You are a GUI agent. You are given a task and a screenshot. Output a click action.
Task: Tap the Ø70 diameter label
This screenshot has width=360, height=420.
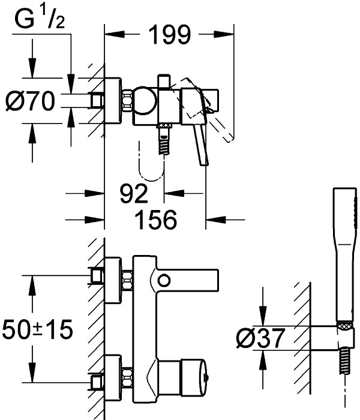click(30, 100)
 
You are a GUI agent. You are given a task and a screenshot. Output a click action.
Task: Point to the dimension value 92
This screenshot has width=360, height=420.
click(133, 194)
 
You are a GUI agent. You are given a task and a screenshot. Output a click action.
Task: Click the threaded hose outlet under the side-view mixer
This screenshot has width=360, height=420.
click(164, 142)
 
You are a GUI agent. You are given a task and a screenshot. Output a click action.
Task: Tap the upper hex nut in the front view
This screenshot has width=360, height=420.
click(128, 280)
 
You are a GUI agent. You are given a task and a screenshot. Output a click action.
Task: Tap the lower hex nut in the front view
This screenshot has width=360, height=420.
click(128, 378)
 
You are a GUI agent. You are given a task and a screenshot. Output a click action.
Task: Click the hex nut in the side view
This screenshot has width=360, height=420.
click(127, 100)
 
